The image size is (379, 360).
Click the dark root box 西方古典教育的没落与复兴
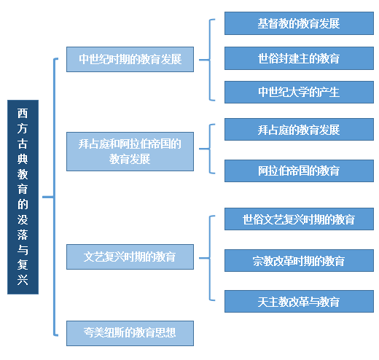[23, 197]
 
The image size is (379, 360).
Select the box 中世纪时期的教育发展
[130, 59]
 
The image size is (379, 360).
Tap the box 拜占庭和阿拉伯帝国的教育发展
[130, 152]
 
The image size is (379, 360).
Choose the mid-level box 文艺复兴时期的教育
[130, 257]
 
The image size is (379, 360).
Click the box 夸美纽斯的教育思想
[130, 333]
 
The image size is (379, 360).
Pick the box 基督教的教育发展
[299, 23]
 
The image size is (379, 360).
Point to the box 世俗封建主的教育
[299, 58]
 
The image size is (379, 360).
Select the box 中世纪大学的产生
[299, 93]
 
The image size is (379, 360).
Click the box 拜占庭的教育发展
[299, 130]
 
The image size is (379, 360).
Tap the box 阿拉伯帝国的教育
[299, 171]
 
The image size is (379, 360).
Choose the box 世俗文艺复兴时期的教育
[299, 219]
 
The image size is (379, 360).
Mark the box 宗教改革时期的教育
[299, 260]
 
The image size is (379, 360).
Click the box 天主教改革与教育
[299, 301]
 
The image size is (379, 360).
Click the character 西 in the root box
[23, 113]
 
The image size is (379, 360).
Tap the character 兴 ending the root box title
[23, 280]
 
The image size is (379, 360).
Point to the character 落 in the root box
[23, 235]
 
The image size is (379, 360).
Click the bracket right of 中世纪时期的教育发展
[210, 60]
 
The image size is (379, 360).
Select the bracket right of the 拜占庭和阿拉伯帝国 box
[210, 149]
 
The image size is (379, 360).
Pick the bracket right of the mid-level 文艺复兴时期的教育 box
[210, 258]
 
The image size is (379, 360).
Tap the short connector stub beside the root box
[48, 197]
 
